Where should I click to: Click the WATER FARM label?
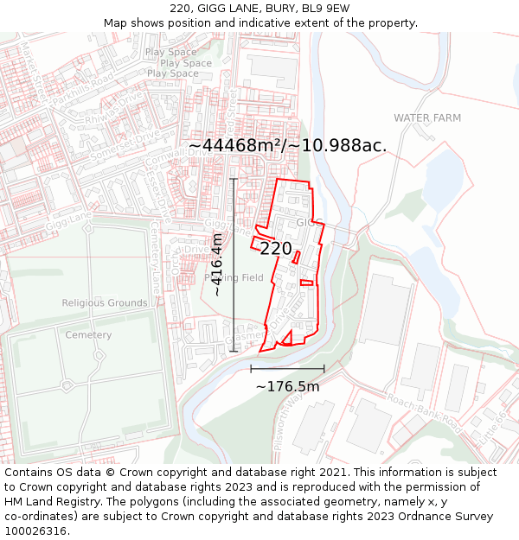[x=427, y=118]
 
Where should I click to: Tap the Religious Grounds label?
[x=105, y=303]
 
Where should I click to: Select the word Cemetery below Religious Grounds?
[x=88, y=335]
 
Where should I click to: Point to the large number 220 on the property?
[x=276, y=249]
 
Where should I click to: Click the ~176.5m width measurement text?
[x=287, y=386]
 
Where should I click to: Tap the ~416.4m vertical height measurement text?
[x=217, y=264]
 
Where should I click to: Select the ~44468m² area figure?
[x=235, y=145]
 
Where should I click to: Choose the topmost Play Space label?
[x=171, y=52]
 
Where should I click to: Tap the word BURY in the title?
[x=266, y=9]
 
